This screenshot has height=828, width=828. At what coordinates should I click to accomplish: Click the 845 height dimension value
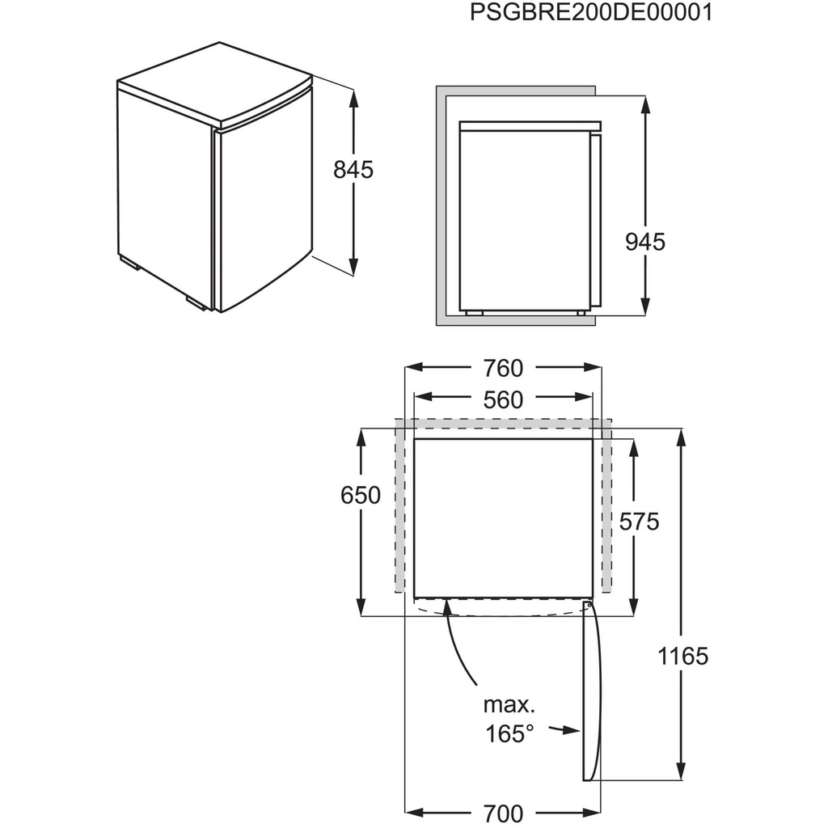pyautogui.click(x=353, y=170)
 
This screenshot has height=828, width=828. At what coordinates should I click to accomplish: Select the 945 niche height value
pyautogui.click(x=645, y=241)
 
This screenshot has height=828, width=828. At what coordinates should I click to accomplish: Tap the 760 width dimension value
pyautogui.click(x=503, y=368)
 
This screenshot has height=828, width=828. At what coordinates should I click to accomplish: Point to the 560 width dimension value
pyautogui.click(x=503, y=399)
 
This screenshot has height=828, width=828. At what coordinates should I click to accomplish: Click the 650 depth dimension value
pyautogui.click(x=361, y=495)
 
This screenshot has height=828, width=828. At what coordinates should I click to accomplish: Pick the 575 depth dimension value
pyautogui.click(x=639, y=522)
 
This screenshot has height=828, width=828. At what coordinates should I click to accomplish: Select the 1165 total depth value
pyautogui.click(x=684, y=656)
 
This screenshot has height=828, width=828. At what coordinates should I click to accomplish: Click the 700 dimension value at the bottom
pyautogui.click(x=503, y=812)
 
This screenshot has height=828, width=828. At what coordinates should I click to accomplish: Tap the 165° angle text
pyautogui.click(x=510, y=733)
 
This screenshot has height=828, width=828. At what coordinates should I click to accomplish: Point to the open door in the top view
pyautogui.click(x=592, y=695)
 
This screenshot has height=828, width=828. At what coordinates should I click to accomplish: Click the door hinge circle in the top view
pyautogui.click(x=589, y=604)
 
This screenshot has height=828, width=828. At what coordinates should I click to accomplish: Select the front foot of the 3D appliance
pyautogui.click(x=196, y=304)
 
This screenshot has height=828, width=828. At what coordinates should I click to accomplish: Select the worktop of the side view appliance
pyautogui.click(x=530, y=124)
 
